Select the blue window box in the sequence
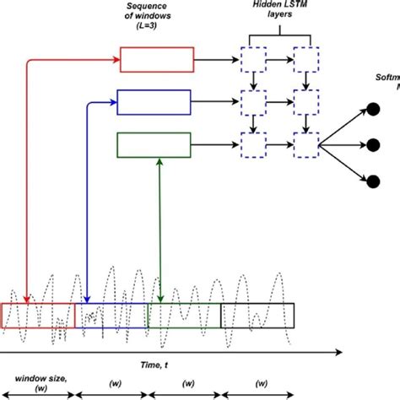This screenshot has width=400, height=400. coord(154,103)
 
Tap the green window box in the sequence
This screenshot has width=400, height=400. coord(154,146)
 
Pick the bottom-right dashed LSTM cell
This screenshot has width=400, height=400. coord(304,145)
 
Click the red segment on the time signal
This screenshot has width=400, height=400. coord(38,315)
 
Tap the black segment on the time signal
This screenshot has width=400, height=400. coord(258,315)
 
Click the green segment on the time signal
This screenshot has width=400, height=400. coord(184,315)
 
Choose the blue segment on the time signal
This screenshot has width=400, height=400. coord(111,315)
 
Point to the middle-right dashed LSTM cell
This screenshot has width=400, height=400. coord(304,103)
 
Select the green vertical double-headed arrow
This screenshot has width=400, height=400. coord(160,228)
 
